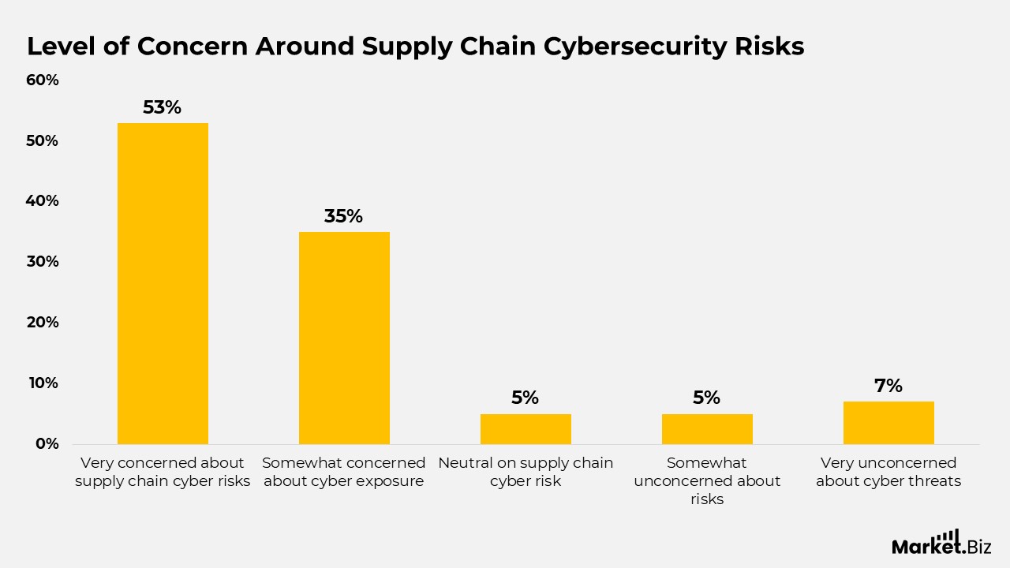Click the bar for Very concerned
163,283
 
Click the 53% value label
162,107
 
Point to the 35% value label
343,216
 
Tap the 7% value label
888,386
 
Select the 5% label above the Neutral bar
525,398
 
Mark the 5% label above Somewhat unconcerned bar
706,398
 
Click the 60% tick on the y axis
43,80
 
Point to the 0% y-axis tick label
47,444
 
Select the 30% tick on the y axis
43,262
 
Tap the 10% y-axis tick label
43,383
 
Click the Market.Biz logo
941,543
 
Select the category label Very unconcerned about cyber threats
888,472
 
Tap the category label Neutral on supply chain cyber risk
526,472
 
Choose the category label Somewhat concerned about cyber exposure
344,472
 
